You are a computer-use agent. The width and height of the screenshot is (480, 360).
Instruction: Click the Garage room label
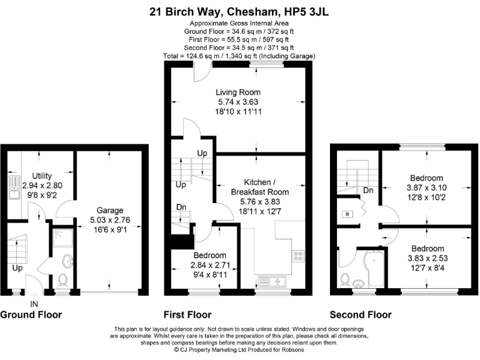[x=110, y=210]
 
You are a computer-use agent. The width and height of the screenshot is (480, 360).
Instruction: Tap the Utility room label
[x=42, y=176]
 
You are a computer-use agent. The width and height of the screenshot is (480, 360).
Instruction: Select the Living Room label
[x=238, y=92]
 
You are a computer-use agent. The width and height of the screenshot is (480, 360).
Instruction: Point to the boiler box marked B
[x=347, y=214]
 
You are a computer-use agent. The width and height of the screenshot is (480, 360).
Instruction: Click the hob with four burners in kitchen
[x=298, y=256]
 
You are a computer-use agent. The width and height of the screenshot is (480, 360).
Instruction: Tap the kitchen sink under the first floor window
[x=272, y=282]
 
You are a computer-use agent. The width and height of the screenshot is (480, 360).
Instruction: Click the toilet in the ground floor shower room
[x=62, y=280]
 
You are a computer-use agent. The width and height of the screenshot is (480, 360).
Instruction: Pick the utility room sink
[x=14, y=187]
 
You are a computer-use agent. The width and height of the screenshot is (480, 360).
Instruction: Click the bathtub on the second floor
[x=375, y=269]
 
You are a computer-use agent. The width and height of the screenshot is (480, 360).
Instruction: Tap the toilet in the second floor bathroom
[x=345, y=280]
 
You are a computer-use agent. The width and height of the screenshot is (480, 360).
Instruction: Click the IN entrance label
[x=34, y=304]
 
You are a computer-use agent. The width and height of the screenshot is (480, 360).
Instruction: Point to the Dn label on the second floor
[x=368, y=191]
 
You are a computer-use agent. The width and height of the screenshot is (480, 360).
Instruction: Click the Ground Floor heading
[x=31, y=315]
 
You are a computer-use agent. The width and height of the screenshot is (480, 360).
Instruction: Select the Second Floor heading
[x=361, y=315]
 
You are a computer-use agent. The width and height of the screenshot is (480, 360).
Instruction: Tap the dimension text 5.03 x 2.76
[x=110, y=220]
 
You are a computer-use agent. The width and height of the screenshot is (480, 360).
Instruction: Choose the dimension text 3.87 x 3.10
[x=426, y=187]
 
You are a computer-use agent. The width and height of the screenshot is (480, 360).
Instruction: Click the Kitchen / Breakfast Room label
[x=260, y=187]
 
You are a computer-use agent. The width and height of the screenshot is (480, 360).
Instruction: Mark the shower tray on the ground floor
[x=62, y=238]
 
